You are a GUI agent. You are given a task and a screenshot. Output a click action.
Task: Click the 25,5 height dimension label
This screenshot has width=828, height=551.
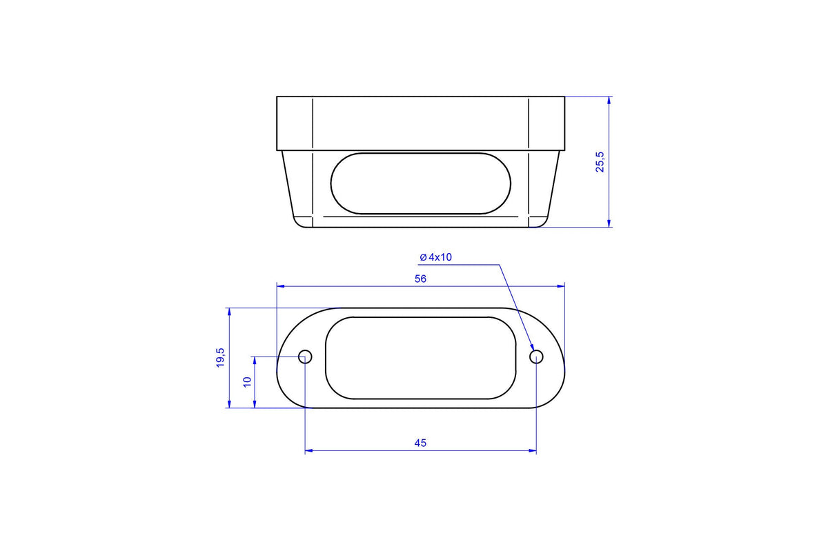600,162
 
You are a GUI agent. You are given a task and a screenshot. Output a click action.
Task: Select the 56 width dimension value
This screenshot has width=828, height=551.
420,279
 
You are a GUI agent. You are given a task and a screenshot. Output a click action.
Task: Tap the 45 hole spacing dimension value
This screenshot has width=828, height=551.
420,443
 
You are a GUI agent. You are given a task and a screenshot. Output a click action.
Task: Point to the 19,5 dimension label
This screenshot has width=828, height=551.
220,357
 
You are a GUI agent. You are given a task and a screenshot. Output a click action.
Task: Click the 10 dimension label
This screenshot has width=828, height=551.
247,382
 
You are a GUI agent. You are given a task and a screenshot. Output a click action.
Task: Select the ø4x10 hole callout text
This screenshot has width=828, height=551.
436,257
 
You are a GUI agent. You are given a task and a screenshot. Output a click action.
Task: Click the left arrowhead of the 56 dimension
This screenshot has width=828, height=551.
280,286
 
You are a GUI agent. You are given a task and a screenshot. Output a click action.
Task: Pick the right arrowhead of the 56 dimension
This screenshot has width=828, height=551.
561,286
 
